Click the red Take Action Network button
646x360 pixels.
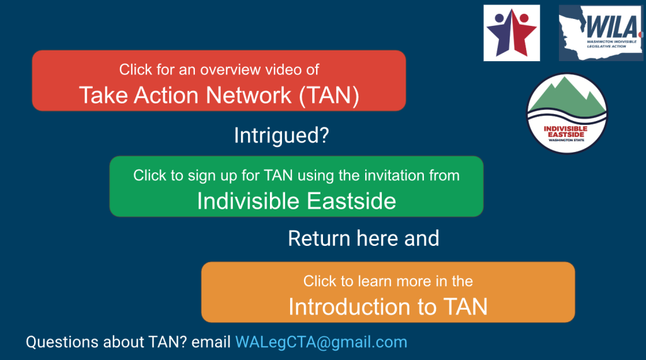pyautogui.click(x=218, y=81)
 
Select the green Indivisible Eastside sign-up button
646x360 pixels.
pyautogui.click(x=296, y=187)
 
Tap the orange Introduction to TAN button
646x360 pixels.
pyautogui.click(x=387, y=292)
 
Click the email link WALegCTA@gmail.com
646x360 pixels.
pyautogui.click(x=321, y=342)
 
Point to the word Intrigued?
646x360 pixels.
pyautogui.click(x=281, y=135)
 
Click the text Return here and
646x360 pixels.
pyautogui.click(x=363, y=239)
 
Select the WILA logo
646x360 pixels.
pyautogui.click(x=600, y=33)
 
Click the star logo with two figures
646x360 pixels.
pyautogui.click(x=512, y=33)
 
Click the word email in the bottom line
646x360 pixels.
pyautogui.click(x=211, y=342)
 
